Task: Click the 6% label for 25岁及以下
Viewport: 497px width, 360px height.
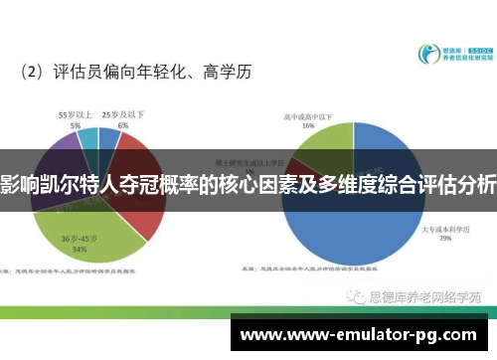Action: (122, 126)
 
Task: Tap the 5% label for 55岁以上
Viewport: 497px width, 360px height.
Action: (75, 125)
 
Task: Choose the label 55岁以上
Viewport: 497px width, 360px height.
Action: (75, 114)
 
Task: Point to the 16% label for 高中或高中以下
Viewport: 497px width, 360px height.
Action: (308, 126)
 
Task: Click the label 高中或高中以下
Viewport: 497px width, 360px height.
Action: (308, 115)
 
